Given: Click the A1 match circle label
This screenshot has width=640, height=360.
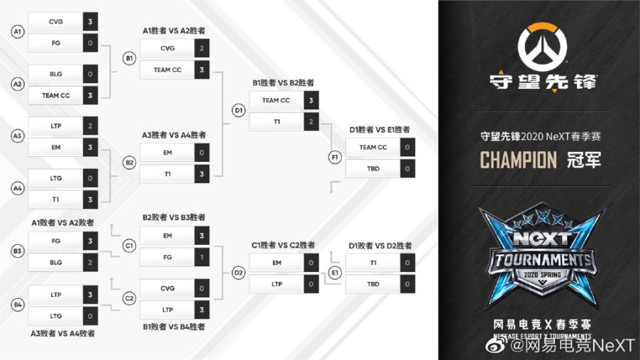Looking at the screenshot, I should pos(18,31).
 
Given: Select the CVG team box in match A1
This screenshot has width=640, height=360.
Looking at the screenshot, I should pos(56,22).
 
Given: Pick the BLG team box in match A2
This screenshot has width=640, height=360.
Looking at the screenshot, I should pos(56,74).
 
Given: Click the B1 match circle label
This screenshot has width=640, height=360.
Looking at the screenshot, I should pos(129,58).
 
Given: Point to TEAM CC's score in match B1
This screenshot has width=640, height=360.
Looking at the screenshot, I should pos(202,70).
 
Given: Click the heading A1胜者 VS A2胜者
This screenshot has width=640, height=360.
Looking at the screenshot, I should pos(174,31).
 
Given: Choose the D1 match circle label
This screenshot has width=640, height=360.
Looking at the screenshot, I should pos(239,110).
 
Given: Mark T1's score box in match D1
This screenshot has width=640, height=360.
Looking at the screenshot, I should pos(311,121).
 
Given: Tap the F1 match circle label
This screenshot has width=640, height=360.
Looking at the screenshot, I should pos(335,157).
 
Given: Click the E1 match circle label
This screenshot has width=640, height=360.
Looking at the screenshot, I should pos(335,273).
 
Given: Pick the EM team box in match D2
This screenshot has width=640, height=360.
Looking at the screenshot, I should pos(277,263).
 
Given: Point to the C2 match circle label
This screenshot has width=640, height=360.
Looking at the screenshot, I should pos(129,298).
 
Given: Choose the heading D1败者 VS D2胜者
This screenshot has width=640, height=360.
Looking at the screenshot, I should pos(380,246).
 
